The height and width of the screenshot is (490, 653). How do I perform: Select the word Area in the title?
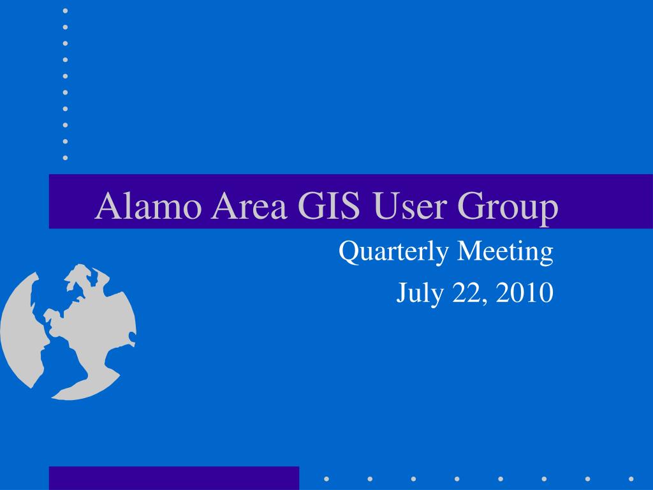(x=249, y=205)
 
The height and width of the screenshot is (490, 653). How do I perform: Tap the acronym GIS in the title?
(x=329, y=205)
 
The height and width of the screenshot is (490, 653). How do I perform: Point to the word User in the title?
(x=409, y=205)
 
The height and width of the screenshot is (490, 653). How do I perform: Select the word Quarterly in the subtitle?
(x=394, y=252)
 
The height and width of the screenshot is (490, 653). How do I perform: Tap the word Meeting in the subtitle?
(x=505, y=252)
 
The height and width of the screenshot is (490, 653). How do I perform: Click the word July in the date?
(x=420, y=293)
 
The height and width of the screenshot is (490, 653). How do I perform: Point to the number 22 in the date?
(x=466, y=292)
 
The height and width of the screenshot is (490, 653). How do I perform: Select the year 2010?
(x=524, y=292)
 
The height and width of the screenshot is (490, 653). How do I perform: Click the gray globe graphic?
(x=68, y=332)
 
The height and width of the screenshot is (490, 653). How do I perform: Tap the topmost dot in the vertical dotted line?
(x=66, y=10)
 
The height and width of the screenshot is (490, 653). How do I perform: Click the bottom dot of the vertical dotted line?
(x=66, y=158)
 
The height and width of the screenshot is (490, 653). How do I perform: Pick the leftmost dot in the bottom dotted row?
(x=326, y=479)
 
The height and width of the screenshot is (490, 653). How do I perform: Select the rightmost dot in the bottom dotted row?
(x=631, y=479)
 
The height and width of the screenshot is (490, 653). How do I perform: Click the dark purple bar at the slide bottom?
(x=174, y=479)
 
